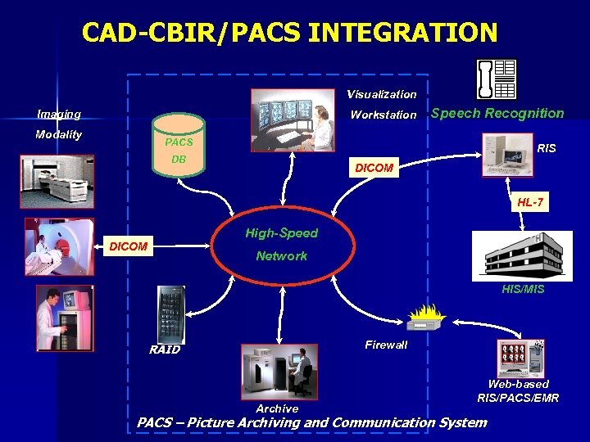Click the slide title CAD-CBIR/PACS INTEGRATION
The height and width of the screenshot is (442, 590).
289,33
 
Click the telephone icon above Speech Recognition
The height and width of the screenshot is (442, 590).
496,79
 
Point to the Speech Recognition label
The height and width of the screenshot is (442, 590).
497,114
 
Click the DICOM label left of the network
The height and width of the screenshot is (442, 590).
129,246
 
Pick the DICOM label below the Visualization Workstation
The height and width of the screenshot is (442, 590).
374,168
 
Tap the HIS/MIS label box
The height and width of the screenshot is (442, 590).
523,289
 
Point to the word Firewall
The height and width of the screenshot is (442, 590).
386,345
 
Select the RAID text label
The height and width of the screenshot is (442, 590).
165,350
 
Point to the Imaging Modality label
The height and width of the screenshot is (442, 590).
58,124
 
